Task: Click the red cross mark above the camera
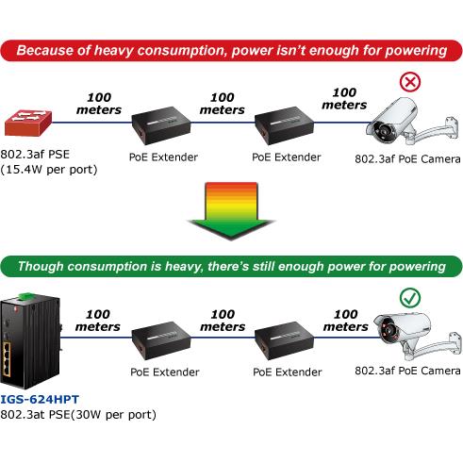(410, 82)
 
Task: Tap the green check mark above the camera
(410, 298)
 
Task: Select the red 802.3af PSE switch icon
(28, 123)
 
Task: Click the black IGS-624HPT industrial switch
(30, 341)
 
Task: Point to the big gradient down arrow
(231, 211)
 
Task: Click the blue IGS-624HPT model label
(40, 400)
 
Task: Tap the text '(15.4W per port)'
(49, 170)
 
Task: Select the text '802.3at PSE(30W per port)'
(78, 415)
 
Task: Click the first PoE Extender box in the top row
(161, 125)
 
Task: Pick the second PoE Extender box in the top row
(284, 125)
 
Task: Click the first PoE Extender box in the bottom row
(161, 340)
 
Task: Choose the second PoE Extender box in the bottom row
(284, 340)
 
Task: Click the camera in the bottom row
(417, 337)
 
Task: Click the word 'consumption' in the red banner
(182, 51)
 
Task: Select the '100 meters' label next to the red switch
(99, 104)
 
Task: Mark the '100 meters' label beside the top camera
(344, 98)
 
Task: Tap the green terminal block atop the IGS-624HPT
(26, 296)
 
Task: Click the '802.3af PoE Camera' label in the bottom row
(407, 371)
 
